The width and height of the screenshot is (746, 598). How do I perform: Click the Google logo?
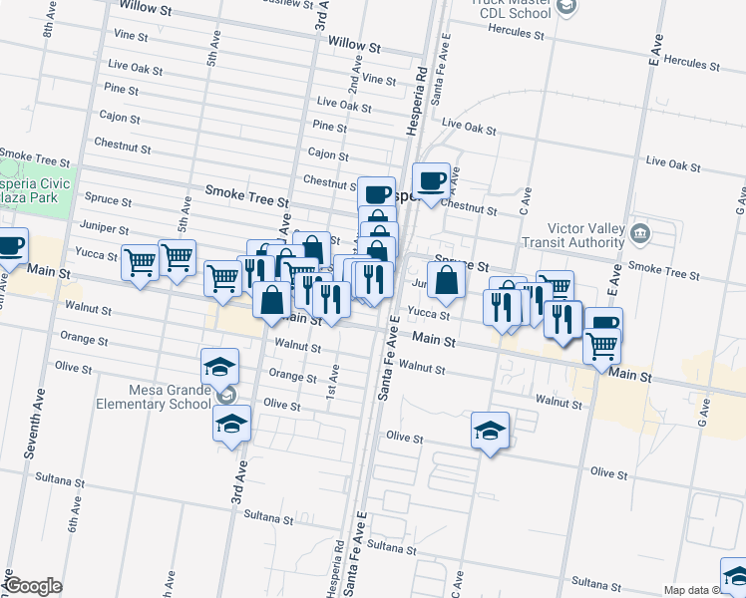click(x=32, y=586)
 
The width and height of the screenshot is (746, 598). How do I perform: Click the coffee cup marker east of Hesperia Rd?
click(x=432, y=181)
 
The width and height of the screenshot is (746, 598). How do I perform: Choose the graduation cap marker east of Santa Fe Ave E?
click(x=490, y=431)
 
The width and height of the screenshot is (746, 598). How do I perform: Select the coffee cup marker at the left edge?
click(x=9, y=245)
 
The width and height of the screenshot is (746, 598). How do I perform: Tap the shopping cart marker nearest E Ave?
click(x=601, y=346)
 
